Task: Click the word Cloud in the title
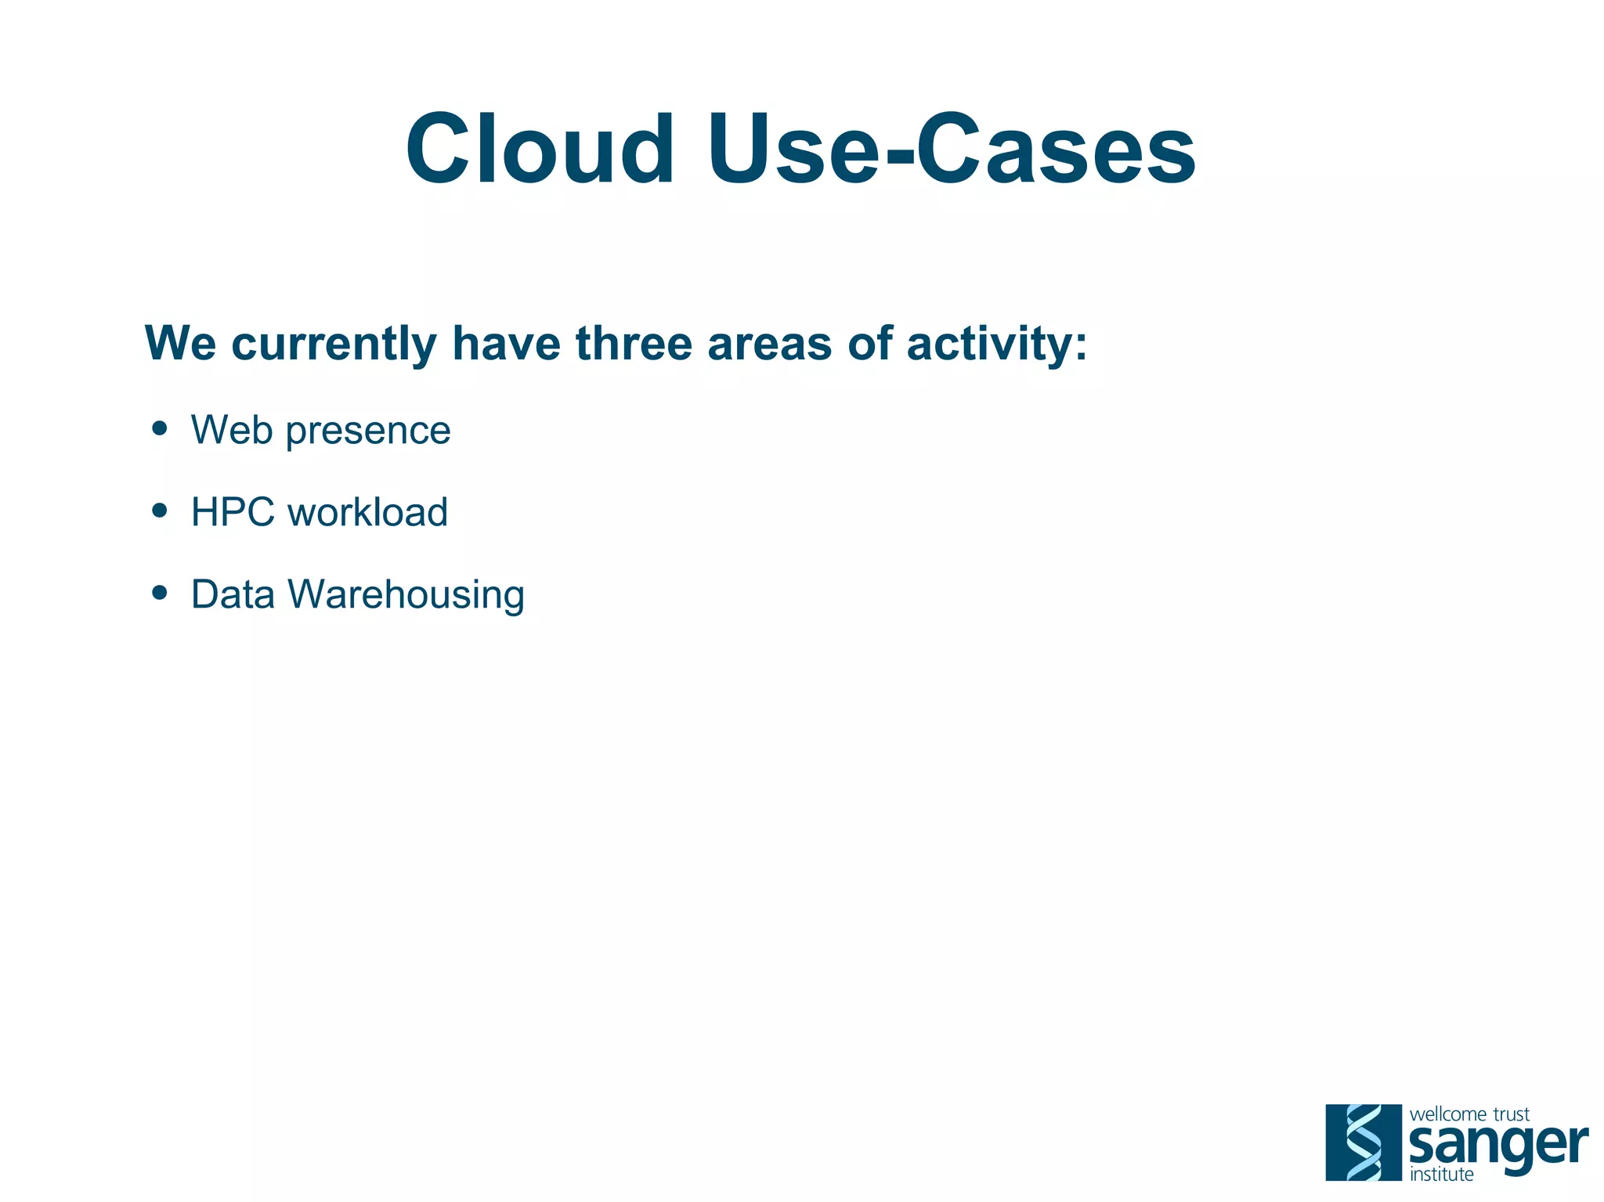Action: [539, 149]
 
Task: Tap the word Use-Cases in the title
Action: [951, 149]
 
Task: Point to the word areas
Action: [769, 345]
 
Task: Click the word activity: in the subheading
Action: [996, 345]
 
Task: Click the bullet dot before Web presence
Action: [160, 428]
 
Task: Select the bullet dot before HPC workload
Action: [160, 511]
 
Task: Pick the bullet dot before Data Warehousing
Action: [160, 593]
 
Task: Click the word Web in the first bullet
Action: [232, 430]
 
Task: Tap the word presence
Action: [368, 431]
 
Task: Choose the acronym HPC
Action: [233, 512]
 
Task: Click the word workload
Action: [367, 512]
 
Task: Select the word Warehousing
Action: [406, 596]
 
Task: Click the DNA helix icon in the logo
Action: [1363, 1142]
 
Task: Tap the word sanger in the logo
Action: [1497, 1146]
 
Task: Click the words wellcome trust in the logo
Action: [1469, 1114]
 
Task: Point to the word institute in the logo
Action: [1441, 1175]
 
